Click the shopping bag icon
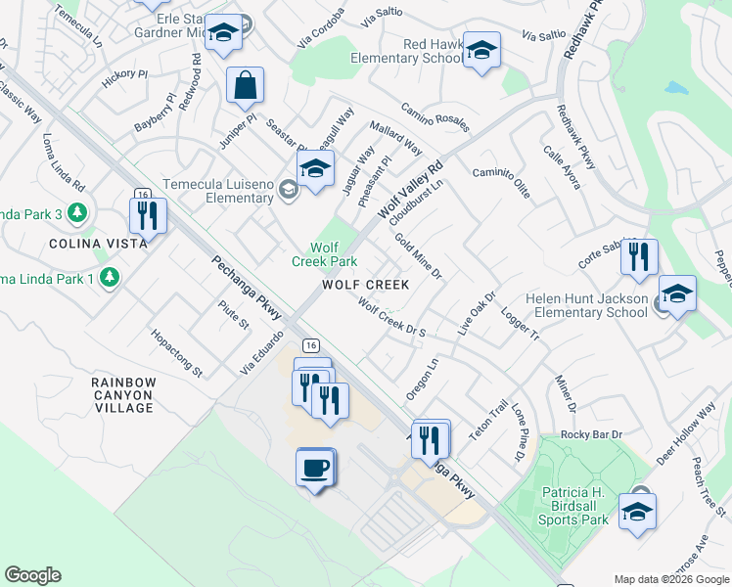(x=245, y=86)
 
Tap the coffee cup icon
(x=315, y=468)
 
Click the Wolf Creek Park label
(x=324, y=254)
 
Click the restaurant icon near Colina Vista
(x=148, y=216)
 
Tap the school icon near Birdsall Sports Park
(x=637, y=512)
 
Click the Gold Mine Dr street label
(x=419, y=256)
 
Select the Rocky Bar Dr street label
(x=591, y=433)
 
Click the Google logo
(x=32, y=575)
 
